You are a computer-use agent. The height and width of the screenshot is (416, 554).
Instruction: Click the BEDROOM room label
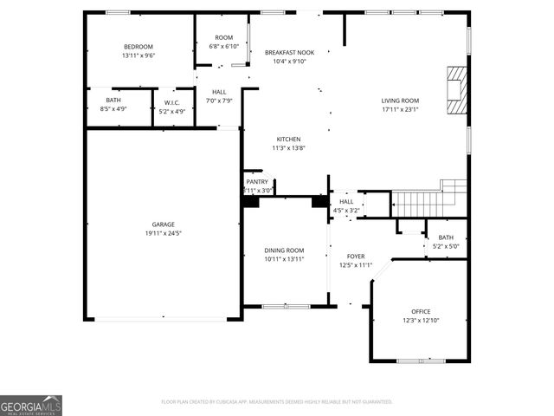coord(138,46)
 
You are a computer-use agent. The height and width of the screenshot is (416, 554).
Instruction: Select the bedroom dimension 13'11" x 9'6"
coord(138,55)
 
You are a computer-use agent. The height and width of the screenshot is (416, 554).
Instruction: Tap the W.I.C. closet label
coord(171,103)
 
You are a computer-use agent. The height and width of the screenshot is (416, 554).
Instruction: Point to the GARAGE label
coord(163,224)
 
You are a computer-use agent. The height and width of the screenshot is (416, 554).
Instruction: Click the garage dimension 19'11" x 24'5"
coord(163,233)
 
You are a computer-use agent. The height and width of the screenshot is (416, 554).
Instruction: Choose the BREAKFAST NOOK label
coord(288,52)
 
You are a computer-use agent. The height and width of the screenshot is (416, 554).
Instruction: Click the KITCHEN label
coord(288,140)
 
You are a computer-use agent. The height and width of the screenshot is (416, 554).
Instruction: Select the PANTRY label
coord(257,182)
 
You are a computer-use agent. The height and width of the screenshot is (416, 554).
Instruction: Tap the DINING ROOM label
coord(284,250)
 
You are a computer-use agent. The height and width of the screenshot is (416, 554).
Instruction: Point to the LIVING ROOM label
coord(400,101)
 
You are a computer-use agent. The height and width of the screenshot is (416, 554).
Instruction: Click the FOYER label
coord(356,257)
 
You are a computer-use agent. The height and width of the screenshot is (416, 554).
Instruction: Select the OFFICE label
coord(421,312)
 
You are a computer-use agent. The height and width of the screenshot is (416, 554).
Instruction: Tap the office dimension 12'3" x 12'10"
coord(421,321)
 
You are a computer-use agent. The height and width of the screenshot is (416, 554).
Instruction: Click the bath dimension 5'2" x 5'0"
coord(446,246)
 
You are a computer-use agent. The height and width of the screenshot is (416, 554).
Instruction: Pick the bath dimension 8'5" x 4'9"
coord(114,110)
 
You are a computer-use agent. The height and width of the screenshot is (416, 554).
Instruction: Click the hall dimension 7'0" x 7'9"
coord(219,101)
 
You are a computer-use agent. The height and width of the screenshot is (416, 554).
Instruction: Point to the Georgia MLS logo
coord(31,406)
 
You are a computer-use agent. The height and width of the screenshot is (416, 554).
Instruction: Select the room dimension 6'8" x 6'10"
coord(224,47)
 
